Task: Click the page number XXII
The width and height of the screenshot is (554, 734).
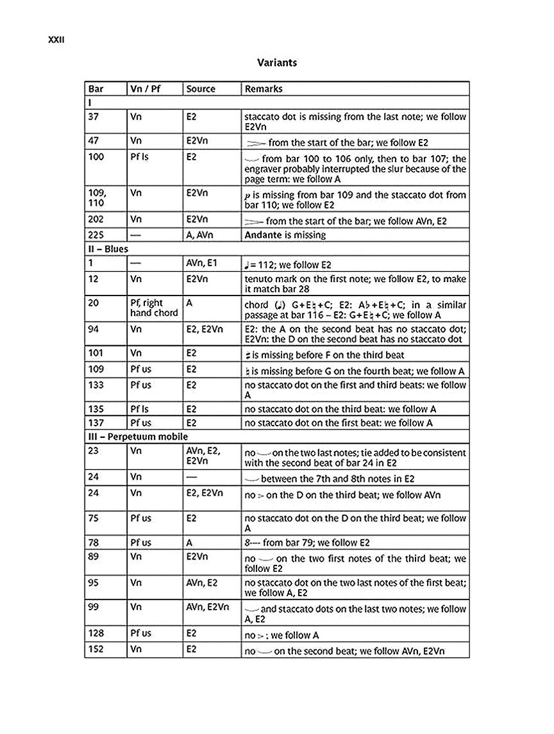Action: coord(56,40)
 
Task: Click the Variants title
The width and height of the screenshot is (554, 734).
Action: coord(277,63)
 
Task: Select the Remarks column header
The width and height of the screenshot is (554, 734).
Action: coord(264,89)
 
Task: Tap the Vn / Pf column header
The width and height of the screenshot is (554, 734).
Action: coord(145,89)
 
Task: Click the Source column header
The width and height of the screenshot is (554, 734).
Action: coord(201,89)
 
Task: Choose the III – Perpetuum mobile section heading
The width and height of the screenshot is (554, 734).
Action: coord(138,437)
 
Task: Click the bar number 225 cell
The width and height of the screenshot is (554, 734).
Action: coord(96,235)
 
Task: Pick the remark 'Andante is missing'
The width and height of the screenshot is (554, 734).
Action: coord(285,235)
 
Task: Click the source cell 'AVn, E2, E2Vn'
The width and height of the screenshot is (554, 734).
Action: coord(203,456)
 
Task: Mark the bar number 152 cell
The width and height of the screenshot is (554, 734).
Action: coord(96,650)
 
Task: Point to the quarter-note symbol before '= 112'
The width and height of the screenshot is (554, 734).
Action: coord(248,265)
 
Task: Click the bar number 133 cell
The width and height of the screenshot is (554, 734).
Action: coord(96,385)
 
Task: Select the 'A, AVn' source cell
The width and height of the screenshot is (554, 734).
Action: coord(201,235)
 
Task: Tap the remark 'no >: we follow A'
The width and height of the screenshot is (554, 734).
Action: coord(281,635)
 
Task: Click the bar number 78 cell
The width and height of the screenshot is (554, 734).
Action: coord(94,542)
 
